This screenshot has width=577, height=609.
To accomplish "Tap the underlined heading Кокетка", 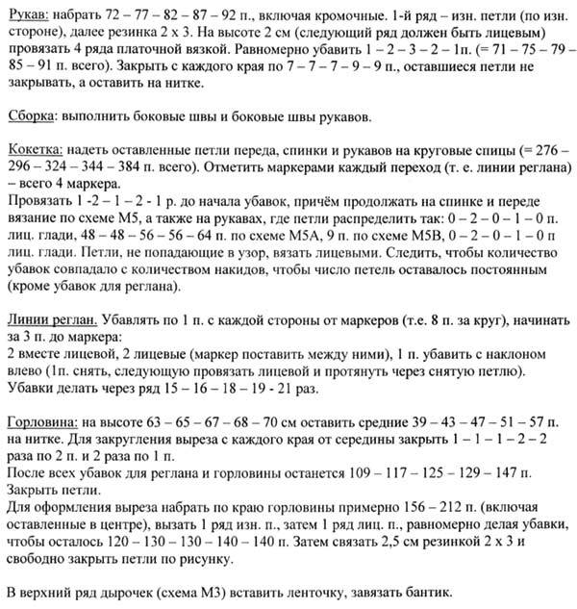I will [x=37, y=152].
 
